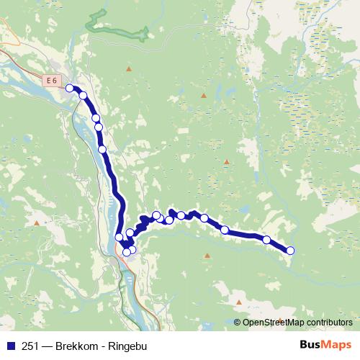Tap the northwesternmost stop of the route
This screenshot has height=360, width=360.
pos(70,88)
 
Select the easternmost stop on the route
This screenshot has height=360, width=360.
pos(290,251)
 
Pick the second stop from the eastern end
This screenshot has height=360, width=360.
pos(266,240)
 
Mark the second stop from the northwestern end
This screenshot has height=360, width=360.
pos(83,95)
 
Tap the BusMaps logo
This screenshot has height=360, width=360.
pos(325,346)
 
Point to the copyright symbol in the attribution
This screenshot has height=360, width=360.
pos(238,323)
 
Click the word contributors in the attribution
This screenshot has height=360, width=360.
pos(330,323)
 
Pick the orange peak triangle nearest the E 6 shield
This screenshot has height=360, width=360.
pos(129,69)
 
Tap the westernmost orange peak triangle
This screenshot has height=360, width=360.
pos(35,223)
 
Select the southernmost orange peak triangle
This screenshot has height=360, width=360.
pos(239,302)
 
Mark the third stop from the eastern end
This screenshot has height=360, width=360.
pos(225,230)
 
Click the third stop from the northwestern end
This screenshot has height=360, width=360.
pos(95,117)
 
